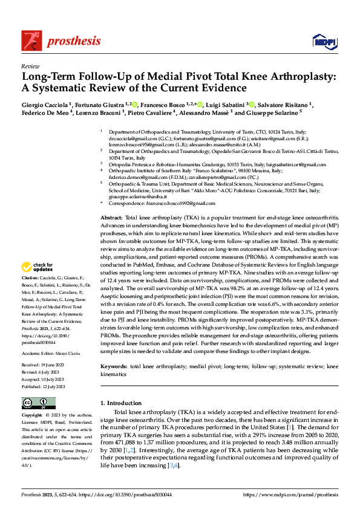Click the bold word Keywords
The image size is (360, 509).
point(114,367)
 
